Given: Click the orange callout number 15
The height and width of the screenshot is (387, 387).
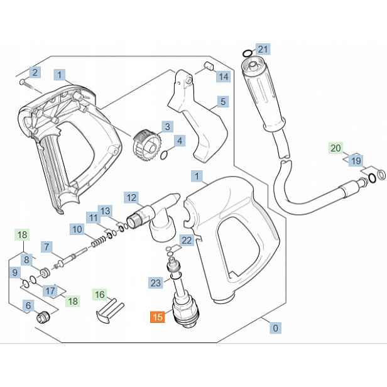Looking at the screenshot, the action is [x=158, y=317].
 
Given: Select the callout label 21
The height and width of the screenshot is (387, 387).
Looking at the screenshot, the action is [x=263, y=50].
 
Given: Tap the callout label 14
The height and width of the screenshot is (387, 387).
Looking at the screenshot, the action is [x=224, y=76].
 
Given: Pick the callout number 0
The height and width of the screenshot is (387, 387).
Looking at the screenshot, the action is [x=275, y=328].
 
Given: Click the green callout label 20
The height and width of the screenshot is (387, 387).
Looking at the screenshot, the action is [x=335, y=148].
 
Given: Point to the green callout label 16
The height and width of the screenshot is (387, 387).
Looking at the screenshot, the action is [x=100, y=295].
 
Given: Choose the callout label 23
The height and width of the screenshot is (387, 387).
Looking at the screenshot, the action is [x=156, y=283].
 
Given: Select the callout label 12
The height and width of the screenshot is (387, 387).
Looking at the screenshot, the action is [x=131, y=197].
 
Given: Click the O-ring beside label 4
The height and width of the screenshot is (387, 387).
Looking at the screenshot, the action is [x=163, y=156].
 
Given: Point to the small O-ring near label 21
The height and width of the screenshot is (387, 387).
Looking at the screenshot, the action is [x=248, y=53].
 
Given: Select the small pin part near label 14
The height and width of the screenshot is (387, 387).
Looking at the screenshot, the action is [x=209, y=66].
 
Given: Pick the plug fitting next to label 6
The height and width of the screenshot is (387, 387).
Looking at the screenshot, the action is [x=43, y=317].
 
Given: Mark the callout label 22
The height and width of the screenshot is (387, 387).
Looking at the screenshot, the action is [x=187, y=240].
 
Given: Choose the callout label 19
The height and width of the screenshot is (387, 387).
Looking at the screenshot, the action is [x=356, y=161].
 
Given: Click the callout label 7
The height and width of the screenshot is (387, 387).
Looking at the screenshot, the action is [x=46, y=246].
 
